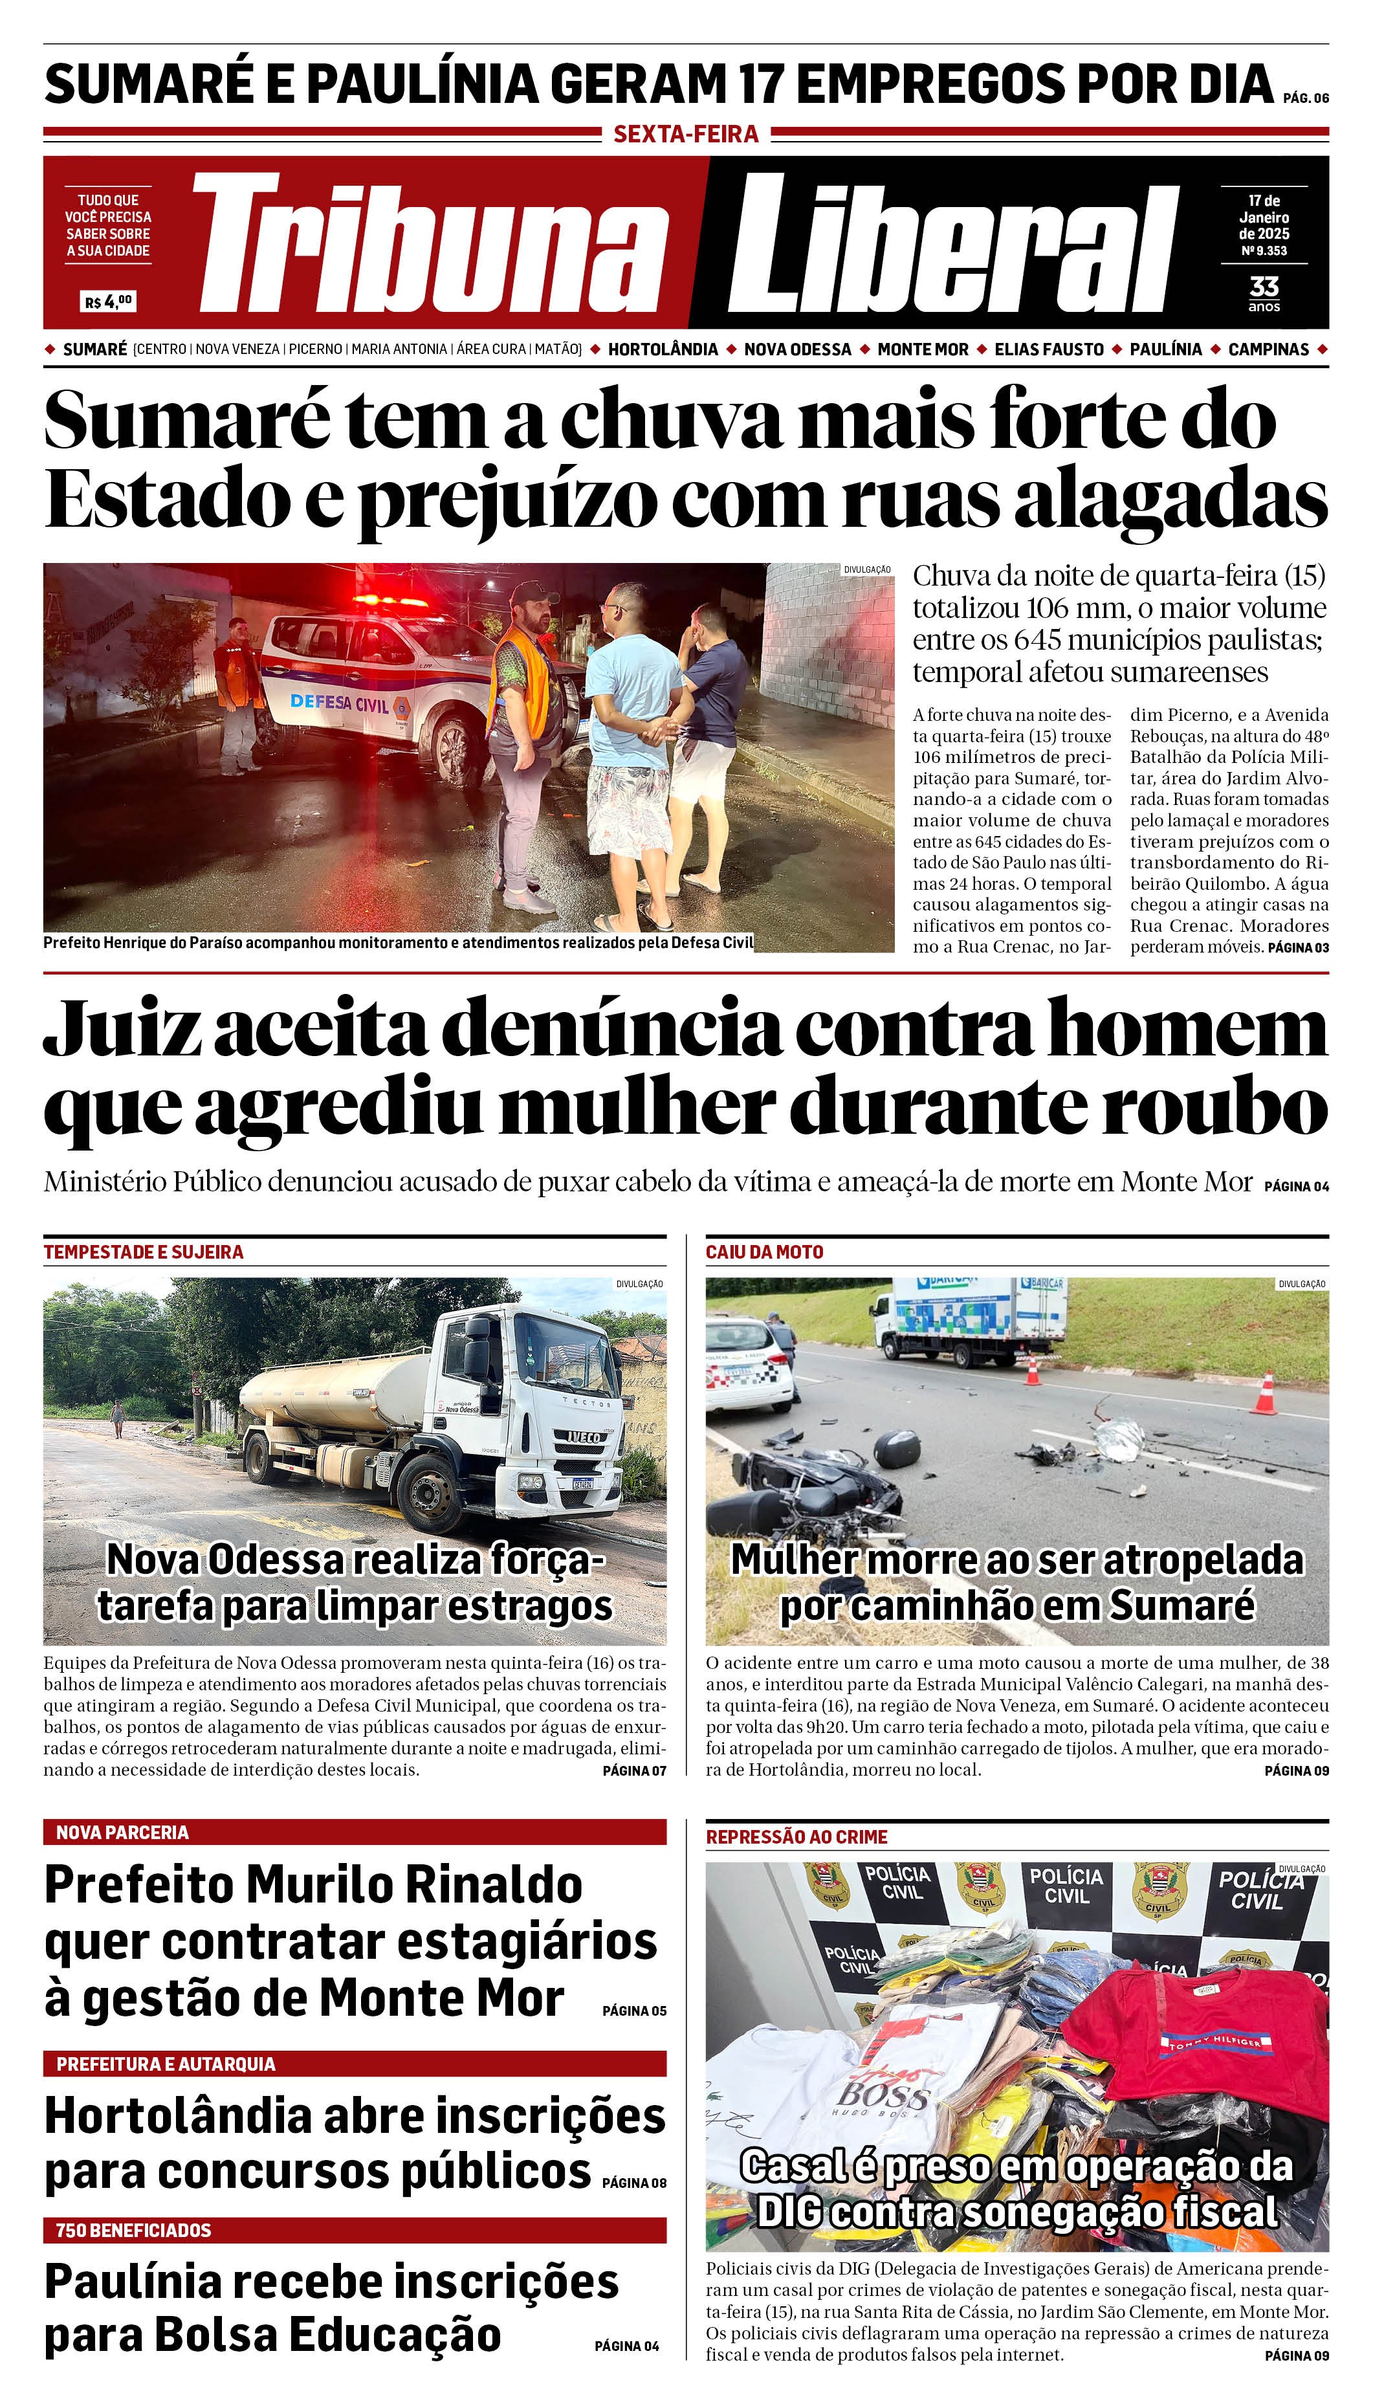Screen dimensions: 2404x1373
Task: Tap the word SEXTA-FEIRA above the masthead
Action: click(686, 135)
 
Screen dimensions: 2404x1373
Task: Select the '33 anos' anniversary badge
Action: click(1264, 292)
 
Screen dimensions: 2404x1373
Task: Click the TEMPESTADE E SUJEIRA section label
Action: click(144, 1252)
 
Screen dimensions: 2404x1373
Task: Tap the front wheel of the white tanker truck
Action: click(429, 1490)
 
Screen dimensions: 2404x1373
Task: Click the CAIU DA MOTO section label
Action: click(764, 1252)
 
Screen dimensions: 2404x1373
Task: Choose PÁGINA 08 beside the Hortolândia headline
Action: click(633, 2183)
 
